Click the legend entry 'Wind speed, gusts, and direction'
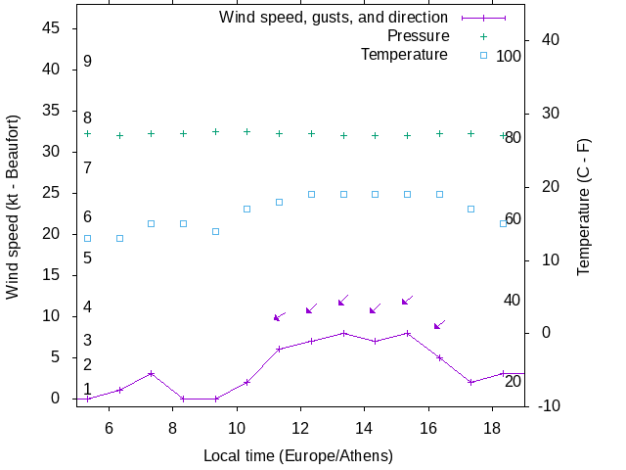(333, 18)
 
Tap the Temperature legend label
(404, 55)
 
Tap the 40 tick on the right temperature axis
(550, 40)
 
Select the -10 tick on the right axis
(548, 405)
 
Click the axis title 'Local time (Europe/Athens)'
(298, 456)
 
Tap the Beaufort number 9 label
(87, 62)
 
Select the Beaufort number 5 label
(87, 258)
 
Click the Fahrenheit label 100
(509, 56)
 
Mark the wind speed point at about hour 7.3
(151, 373)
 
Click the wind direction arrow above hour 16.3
(439, 324)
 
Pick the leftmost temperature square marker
(87, 238)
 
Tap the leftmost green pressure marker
(87, 133)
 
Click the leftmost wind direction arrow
(279, 316)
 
